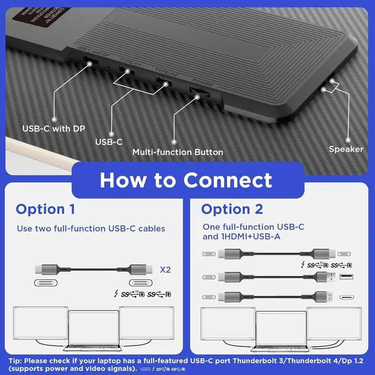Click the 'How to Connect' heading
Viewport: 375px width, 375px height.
coord(186,180)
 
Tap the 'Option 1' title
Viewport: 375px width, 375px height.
coord(45,209)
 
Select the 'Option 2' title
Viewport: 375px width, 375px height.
coord(232,209)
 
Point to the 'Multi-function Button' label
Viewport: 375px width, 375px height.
coord(178,152)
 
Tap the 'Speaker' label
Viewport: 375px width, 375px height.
coord(346,149)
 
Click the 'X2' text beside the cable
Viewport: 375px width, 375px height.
coord(166,270)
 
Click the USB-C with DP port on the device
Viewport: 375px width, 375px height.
coord(88,60)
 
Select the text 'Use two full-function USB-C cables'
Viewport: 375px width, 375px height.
coord(91,229)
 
